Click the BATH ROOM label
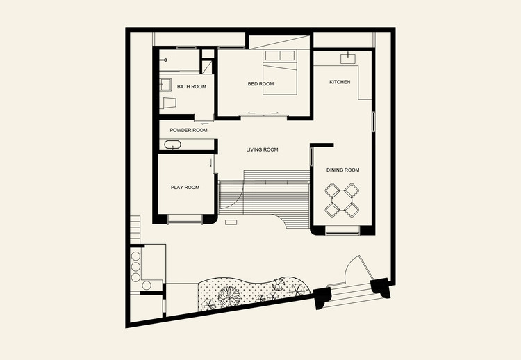pyautogui.click(x=192, y=87)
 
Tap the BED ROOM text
pyautogui.click(x=260, y=84)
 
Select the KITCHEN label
pyautogui.click(x=340, y=82)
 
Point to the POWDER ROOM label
pyautogui.click(x=188, y=130)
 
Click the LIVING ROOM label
pyautogui.click(x=262, y=149)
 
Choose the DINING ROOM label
pyautogui.click(x=342, y=170)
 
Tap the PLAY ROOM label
pyautogui.click(x=185, y=187)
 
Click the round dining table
pyautogui.click(x=342, y=200)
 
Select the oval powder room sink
pyautogui.click(x=172, y=145)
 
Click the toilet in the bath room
pyautogui.click(x=167, y=103)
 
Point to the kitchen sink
pyautogui.click(x=348, y=59)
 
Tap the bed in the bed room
pyautogui.click(x=280, y=72)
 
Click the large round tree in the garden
pyautogui.click(x=229, y=296)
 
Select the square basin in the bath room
pyautogui.click(x=165, y=85)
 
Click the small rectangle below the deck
pyautogui.click(x=231, y=222)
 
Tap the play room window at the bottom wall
pyautogui.click(x=185, y=219)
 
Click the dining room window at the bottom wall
pyautogui.click(x=342, y=230)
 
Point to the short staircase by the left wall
pyautogui.click(x=135, y=230)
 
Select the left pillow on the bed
pyautogui.click(x=272, y=56)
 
